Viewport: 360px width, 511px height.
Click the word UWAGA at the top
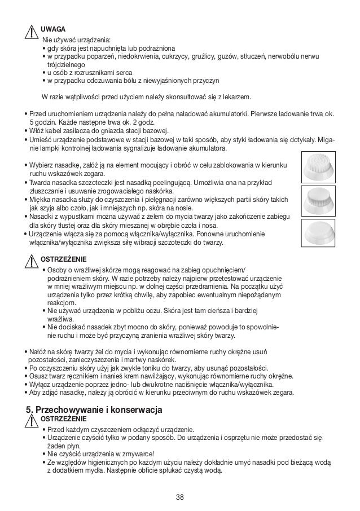point(53,29)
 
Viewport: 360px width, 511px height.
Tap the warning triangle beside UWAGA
point(31,32)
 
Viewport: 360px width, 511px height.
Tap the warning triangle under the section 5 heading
point(31,422)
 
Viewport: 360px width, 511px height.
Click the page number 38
point(179,496)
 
